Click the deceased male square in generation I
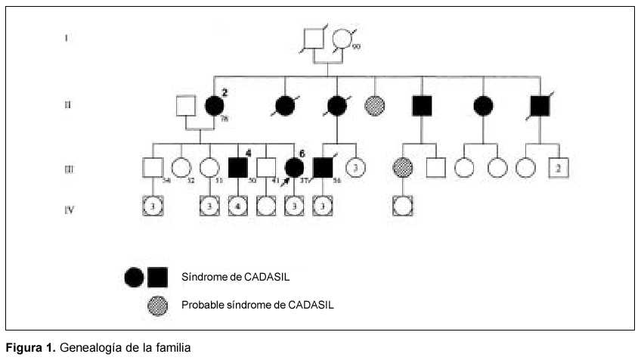pos(313,38)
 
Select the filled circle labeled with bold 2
pos(214,106)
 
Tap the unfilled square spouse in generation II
pos(186,106)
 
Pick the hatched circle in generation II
pos(376,106)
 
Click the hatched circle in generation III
pos(402,167)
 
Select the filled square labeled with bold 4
pos(238,167)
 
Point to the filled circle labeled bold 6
pos(295,167)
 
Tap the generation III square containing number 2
pos(558,167)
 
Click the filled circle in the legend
pos(135,278)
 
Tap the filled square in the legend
pos(158,278)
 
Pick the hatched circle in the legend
pos(158,306)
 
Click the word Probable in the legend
pos(200,306)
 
